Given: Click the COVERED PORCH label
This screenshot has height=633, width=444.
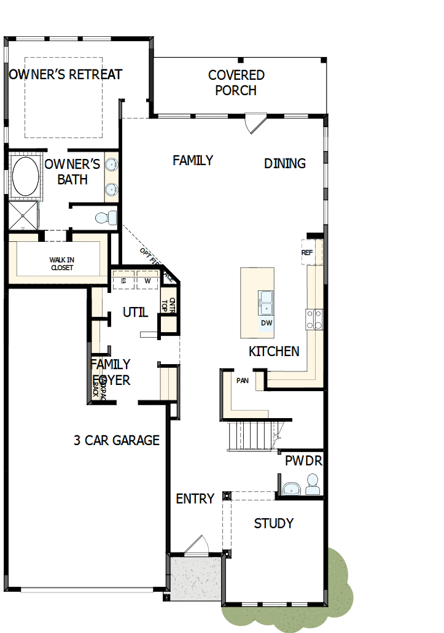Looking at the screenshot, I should (x=236, y=83).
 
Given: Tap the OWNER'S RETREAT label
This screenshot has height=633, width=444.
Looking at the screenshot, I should (x=66, y=75).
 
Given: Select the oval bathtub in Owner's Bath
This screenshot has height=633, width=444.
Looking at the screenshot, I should (x=25, y=176).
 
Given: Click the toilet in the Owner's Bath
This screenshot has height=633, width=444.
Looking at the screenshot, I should (x=107, y=217).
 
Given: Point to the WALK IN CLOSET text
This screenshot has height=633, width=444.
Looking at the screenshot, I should (x=61, y=264).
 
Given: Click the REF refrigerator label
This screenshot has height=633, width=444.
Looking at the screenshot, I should (x=307, y=253).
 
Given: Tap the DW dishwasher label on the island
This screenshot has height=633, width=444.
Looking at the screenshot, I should (x=267, y=323).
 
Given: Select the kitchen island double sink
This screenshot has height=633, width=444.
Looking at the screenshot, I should (x=267, y=301).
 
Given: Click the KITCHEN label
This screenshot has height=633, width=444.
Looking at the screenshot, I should (x=274, y=352).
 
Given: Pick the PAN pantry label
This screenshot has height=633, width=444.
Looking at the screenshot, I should (x=242, y=381).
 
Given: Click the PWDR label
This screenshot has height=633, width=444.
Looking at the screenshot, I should (x=303, y=460).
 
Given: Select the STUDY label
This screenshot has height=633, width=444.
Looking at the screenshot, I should (x=274, y=524).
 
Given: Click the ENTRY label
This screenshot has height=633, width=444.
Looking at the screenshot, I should (x=195, y=499).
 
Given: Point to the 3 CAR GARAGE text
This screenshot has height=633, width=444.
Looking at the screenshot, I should (x=117, y=440).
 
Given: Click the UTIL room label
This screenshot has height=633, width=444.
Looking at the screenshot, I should (x=135, y=313).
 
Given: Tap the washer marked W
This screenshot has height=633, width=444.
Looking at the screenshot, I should (x=147, y=281).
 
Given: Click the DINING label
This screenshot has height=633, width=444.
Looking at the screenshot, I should (x=285, y=163).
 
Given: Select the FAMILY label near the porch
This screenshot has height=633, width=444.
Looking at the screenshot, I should (x=193, y=161).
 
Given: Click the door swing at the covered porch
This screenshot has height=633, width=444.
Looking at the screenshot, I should (x=253, y=122).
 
